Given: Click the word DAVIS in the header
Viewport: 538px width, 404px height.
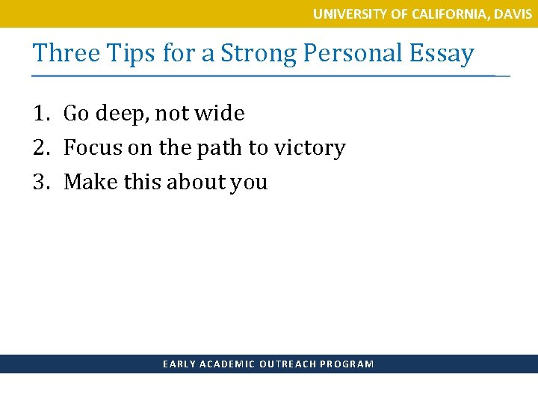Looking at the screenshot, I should [514, 13].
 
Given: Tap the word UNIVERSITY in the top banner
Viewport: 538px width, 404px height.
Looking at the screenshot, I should [346, 13].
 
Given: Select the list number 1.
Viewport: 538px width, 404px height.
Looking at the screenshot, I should [40, 114].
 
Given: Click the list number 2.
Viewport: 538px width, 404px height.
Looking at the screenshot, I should [40, 148].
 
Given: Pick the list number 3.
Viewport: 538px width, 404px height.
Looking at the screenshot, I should [40, 183].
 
